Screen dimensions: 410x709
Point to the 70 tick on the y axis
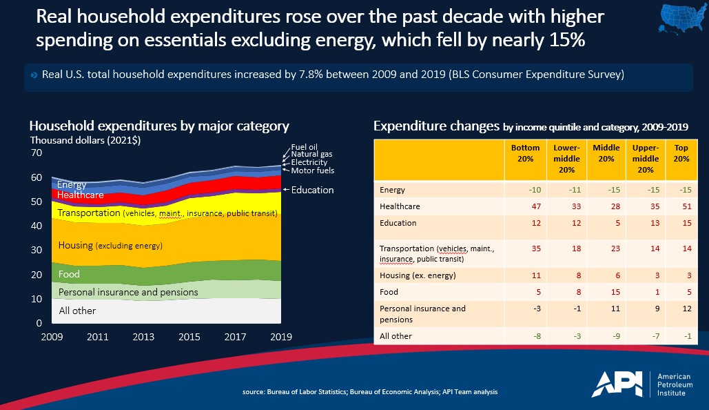(x=37, y=153)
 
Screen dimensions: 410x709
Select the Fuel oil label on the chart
(x=305, y=146)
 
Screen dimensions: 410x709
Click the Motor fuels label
(x=313, y=170)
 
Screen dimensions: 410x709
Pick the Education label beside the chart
(x=312, y=190)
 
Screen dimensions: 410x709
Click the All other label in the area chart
(x=77, y=311)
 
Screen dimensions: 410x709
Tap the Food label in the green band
(x=69, y=274)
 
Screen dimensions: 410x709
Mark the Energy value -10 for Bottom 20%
(x=526, y=190)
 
